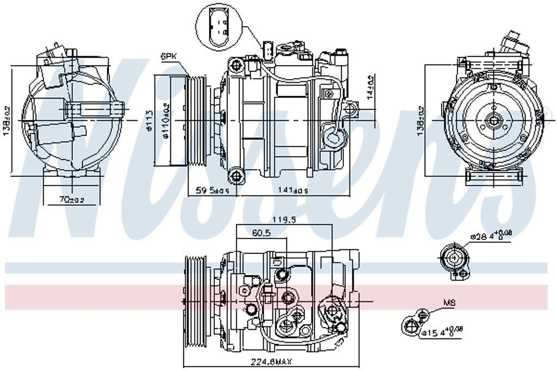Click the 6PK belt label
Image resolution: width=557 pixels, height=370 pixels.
[x=168, y=56]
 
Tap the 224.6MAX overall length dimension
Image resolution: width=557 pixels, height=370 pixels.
[x=270, y=360]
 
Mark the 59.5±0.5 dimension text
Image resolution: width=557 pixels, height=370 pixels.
[x=213, y=190]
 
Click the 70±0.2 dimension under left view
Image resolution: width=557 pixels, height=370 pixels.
[x=72, y=200]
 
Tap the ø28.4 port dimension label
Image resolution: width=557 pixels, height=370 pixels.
[x=491, y=236]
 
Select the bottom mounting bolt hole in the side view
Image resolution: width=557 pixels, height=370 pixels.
[x=236, y=175]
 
